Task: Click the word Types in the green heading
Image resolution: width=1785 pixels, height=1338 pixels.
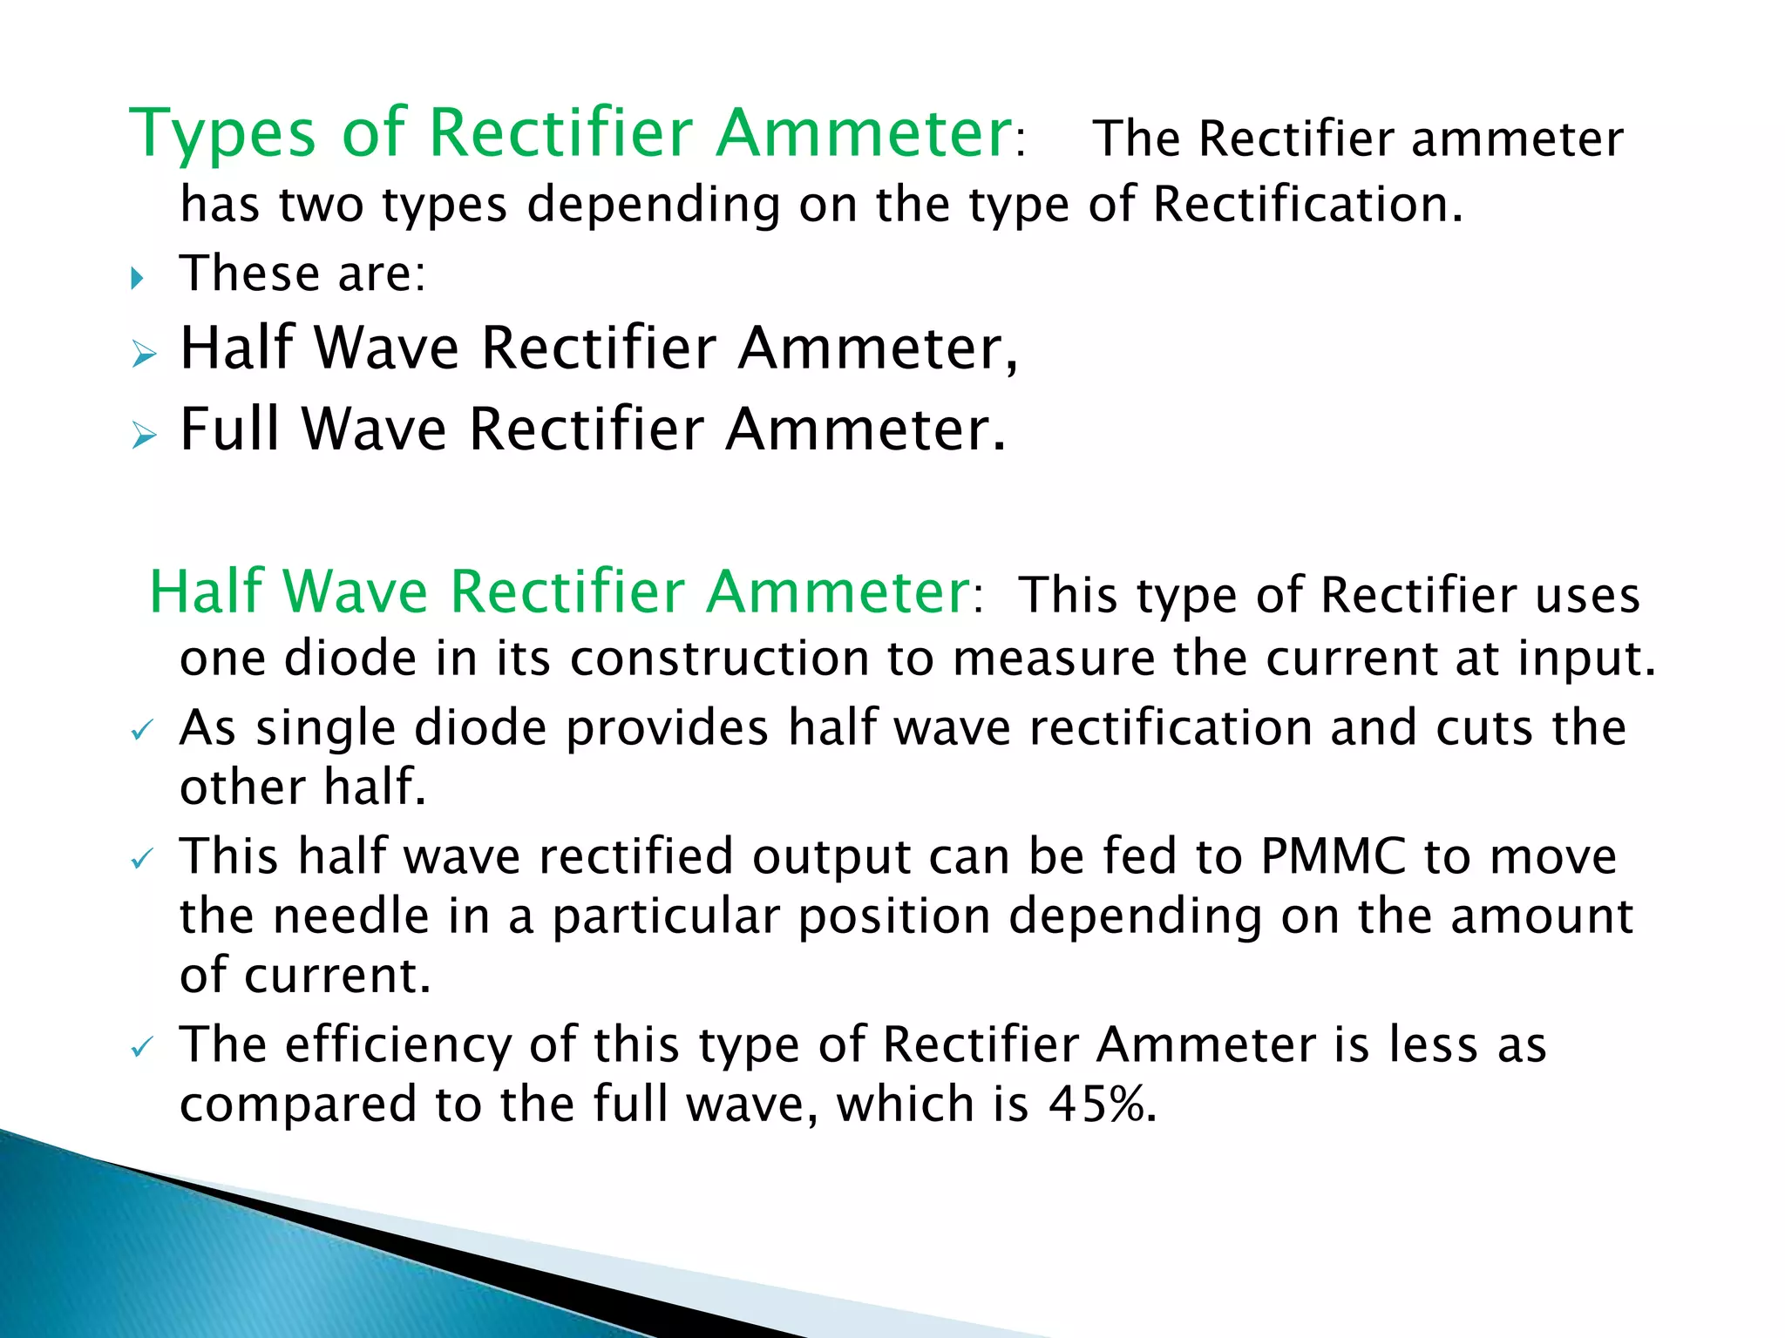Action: (x=221, y=133)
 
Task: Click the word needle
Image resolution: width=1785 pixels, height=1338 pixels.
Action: (x=351, y=916)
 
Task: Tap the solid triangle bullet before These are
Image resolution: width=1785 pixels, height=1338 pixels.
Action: (x=137, y=279)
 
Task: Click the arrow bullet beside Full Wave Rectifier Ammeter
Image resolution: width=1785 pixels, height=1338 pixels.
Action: (x=144, y=435)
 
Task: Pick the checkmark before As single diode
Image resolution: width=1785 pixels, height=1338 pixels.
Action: (x=142, y=731)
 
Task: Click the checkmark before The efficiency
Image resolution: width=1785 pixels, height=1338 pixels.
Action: (x=142, y=1047)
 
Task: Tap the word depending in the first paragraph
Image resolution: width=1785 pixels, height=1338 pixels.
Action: (x=653, y=206)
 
